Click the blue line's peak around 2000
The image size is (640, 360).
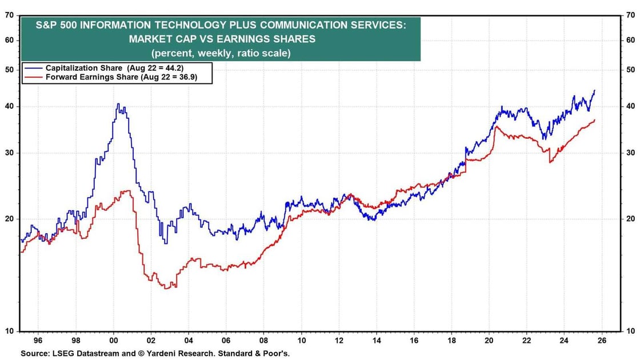118,104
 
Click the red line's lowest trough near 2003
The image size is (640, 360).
167,288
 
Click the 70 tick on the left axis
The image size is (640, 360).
9,15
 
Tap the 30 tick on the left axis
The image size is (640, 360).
9,153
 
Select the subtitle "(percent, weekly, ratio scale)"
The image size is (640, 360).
220,53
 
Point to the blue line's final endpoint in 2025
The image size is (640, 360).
595,90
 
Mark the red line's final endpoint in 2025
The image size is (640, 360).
595,120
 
